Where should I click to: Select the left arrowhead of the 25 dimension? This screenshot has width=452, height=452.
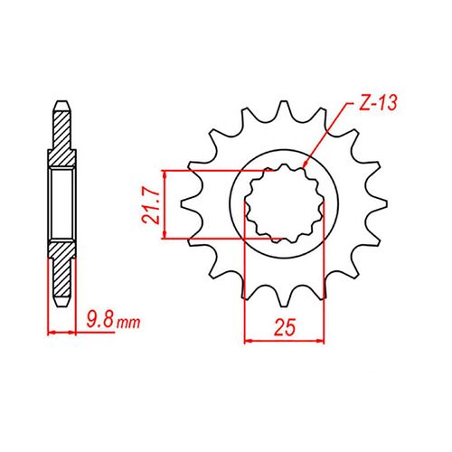(x=250, y=341)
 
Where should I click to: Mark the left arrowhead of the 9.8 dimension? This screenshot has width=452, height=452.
(x=52, y=334)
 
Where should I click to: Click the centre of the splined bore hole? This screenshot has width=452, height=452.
(x=285, y=204)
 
